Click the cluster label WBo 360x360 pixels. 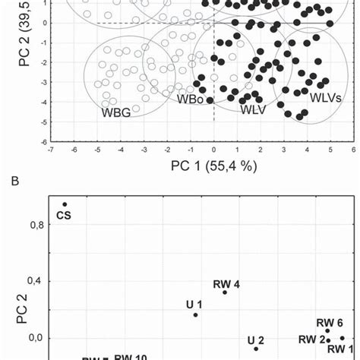coord(190,99)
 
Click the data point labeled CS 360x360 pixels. coord(65,204)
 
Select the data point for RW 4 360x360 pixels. coord(225,292)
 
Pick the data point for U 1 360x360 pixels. coord(195,314)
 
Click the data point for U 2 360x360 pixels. coord(256,349)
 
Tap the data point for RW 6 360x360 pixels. coord(327,331)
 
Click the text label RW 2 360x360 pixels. coord(311,339)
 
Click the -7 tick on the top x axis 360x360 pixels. coord(50,150)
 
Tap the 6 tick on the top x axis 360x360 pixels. coord(353,150)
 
